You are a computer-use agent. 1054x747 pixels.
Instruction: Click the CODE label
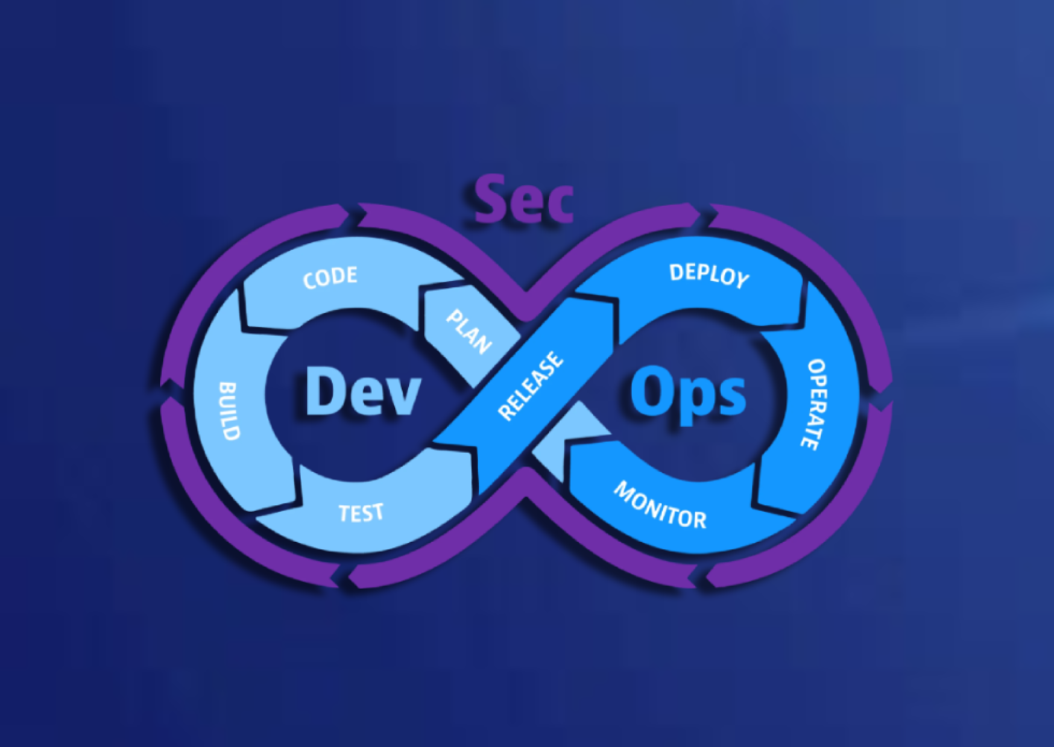coord(330,278)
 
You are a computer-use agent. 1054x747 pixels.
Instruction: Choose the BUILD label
coord(229,411)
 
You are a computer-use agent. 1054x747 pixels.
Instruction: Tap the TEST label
coord(361,513)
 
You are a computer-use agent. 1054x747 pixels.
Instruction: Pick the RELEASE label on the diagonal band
coord(531,386)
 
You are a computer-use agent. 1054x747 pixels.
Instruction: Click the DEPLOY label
coord(709,275)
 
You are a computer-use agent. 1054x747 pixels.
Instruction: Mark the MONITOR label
coord(660,506)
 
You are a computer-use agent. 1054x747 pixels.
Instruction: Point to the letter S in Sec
coord(489,199)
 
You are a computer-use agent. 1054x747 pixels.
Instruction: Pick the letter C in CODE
coord(309,281)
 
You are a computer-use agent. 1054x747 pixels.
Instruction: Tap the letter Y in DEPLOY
coord(741,279)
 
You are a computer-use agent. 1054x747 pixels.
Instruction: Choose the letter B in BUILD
coord(227,389)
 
